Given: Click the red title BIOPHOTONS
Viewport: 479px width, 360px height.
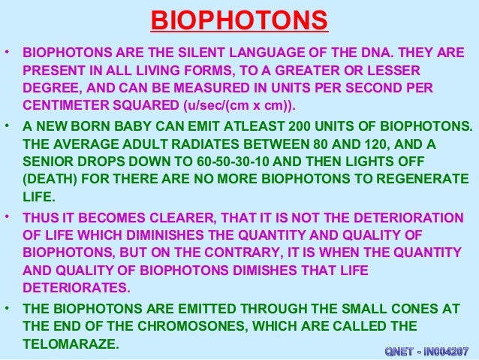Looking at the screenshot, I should [239, 21].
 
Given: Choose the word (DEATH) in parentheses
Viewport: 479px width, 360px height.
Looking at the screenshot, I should [49, 179].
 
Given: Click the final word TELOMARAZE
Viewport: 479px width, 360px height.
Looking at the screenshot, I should [71, 343].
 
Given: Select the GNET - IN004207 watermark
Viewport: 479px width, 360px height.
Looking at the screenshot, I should [426, 351].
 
